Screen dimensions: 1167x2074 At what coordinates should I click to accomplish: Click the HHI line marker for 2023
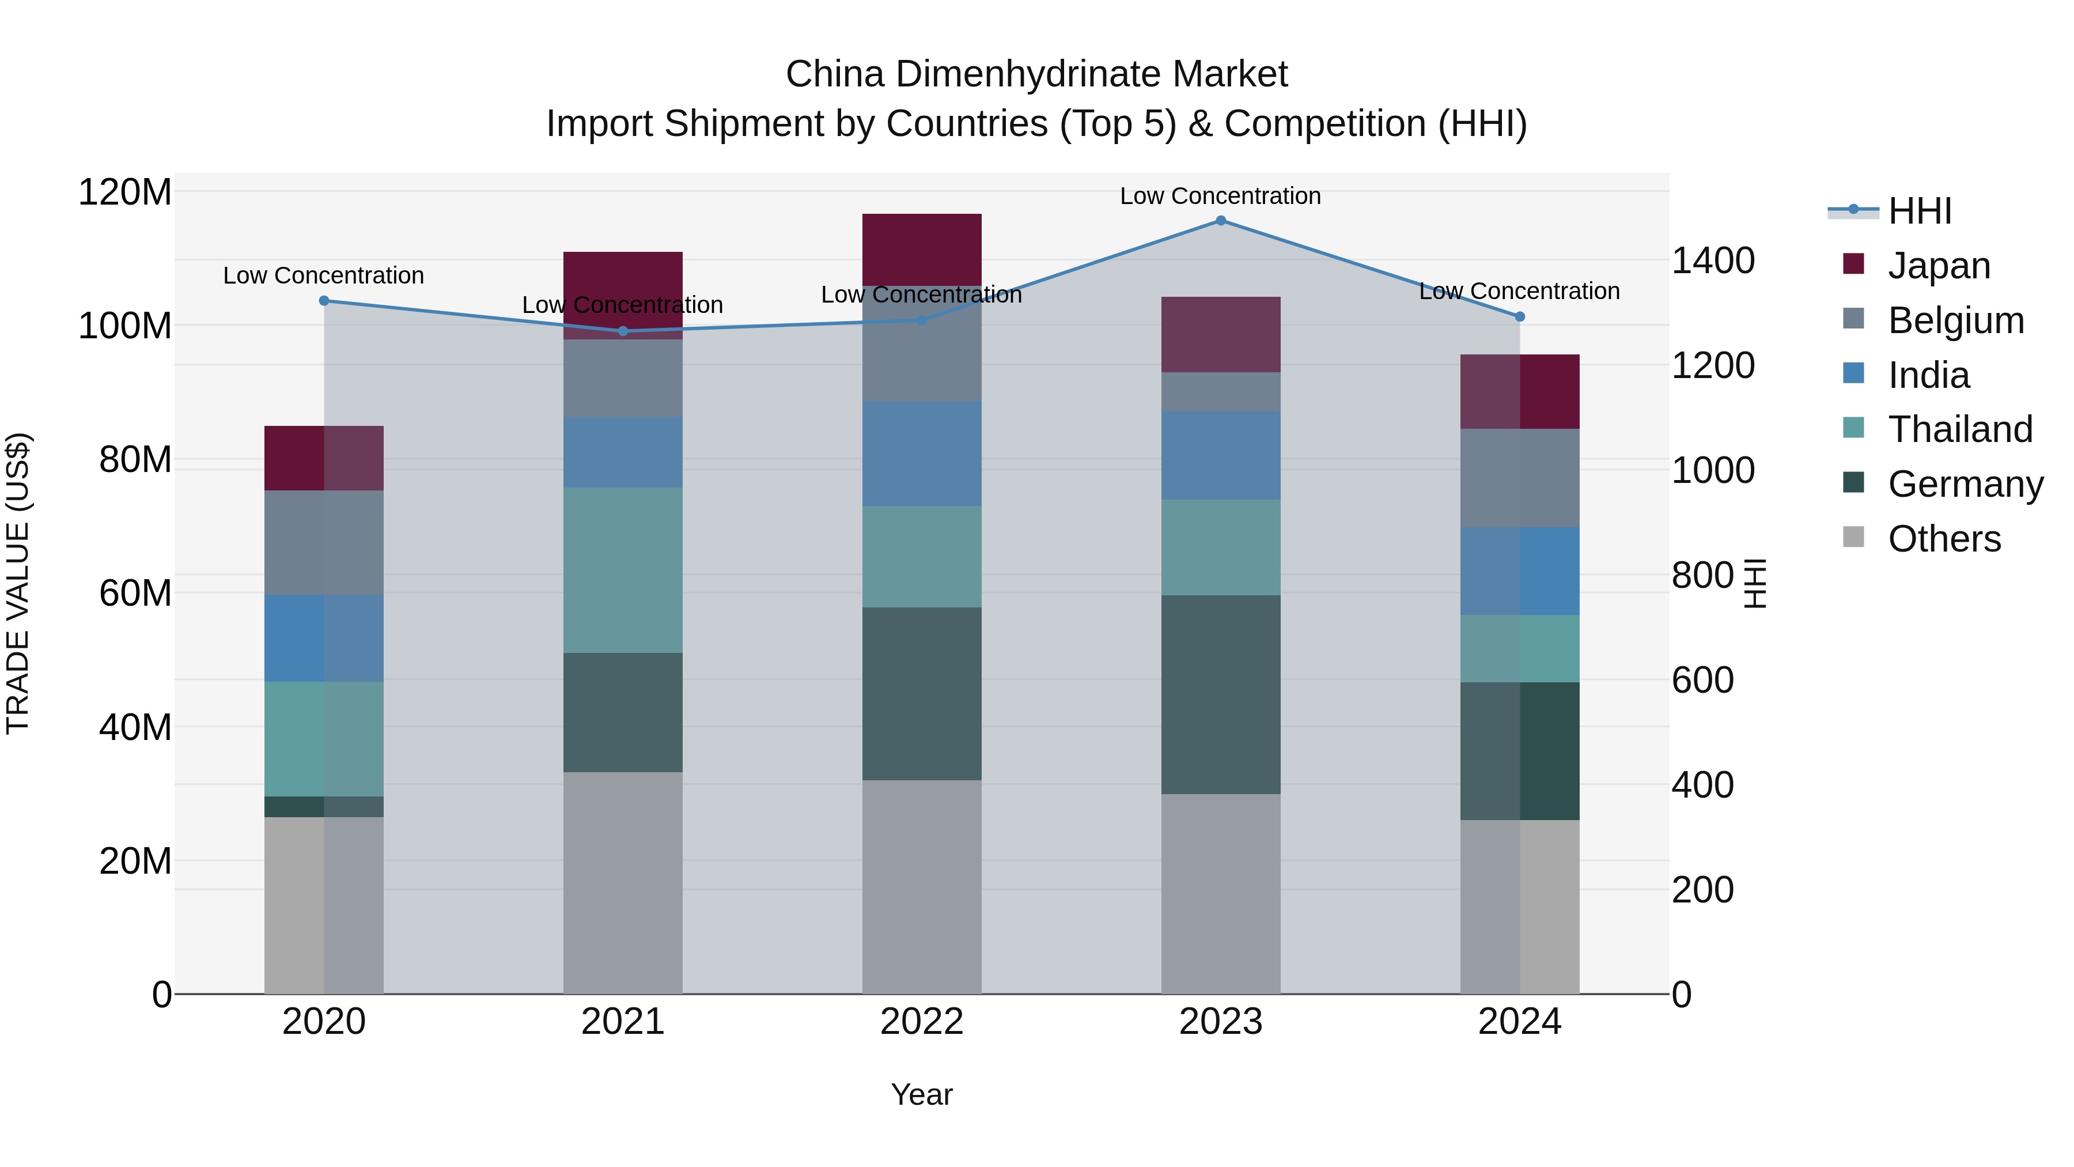(x=1221, y=221)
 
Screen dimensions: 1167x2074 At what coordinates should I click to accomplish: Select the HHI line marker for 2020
(x=324, y=300)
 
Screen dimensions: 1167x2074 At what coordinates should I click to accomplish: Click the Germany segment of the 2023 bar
(x=1221, y=694)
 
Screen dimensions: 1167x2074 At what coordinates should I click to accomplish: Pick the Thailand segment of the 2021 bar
(x=622, y=569)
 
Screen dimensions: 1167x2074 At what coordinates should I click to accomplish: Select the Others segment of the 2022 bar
(x=922, y=886)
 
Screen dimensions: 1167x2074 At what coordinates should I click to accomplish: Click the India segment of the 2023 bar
(x=1221, y=455)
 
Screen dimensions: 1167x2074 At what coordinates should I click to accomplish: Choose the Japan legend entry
(x=1939, y=266)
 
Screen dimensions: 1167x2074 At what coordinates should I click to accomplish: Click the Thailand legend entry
(x=1960, y=429)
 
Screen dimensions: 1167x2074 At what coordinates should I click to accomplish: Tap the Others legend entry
(x=1944, y=539)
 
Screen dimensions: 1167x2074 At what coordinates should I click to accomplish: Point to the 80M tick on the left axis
(x=134, y=460)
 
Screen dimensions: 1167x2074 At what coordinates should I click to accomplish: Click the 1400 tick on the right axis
(x=1713, y=261)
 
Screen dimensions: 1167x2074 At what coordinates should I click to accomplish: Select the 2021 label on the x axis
(x=622, y=1022)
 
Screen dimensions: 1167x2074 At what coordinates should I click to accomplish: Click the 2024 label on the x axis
(x=1519, y=1022)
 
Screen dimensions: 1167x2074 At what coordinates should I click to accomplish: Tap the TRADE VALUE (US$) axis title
(x=18, y=583)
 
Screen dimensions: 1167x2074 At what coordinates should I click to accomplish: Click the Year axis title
(x=922, y=1094)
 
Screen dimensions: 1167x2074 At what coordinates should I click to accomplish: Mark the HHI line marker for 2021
(x=622, y=331)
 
